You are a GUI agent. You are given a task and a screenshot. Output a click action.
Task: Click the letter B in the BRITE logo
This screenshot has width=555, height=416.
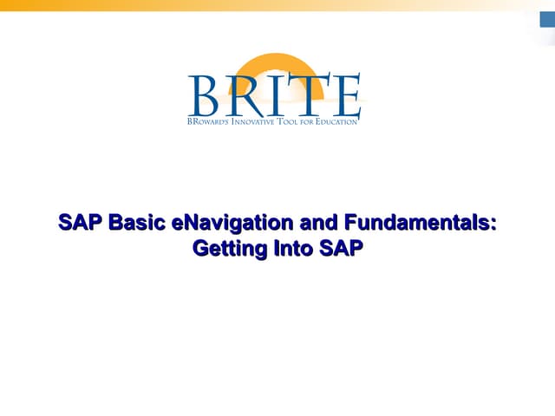tap(206, 95)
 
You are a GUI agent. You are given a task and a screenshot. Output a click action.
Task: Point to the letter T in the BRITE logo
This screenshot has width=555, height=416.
tap(304, 95)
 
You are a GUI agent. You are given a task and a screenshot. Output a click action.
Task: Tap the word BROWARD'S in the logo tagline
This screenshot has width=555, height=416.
tap(207, 122)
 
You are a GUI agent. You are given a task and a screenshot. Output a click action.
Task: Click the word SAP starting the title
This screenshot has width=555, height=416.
tap(75, 223)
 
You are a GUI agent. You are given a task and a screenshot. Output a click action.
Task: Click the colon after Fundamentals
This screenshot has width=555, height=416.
tap(494, 224)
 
